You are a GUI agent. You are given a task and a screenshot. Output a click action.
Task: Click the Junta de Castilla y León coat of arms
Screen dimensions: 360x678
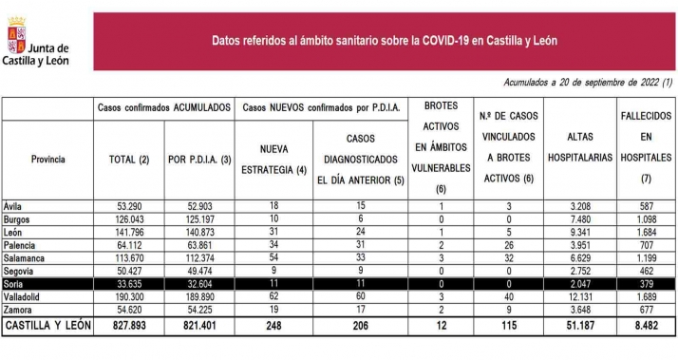pos(16,39)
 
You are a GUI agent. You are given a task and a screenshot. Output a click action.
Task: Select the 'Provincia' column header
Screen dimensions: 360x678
pos(47,159)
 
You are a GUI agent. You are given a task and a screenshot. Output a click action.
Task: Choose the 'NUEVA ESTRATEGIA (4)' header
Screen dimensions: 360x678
pos(273,159)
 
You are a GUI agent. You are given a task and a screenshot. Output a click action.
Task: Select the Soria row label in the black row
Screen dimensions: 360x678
pos(16,283)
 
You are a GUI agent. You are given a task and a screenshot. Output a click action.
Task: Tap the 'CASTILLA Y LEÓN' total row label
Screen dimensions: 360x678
pos(47,326)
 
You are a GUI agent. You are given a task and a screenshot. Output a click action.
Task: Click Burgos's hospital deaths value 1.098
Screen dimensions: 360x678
pos(646,218)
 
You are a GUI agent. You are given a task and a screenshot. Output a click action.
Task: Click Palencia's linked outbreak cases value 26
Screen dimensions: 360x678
pos(511,244)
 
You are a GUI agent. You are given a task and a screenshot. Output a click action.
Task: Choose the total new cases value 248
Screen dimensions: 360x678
pos(273,326)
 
